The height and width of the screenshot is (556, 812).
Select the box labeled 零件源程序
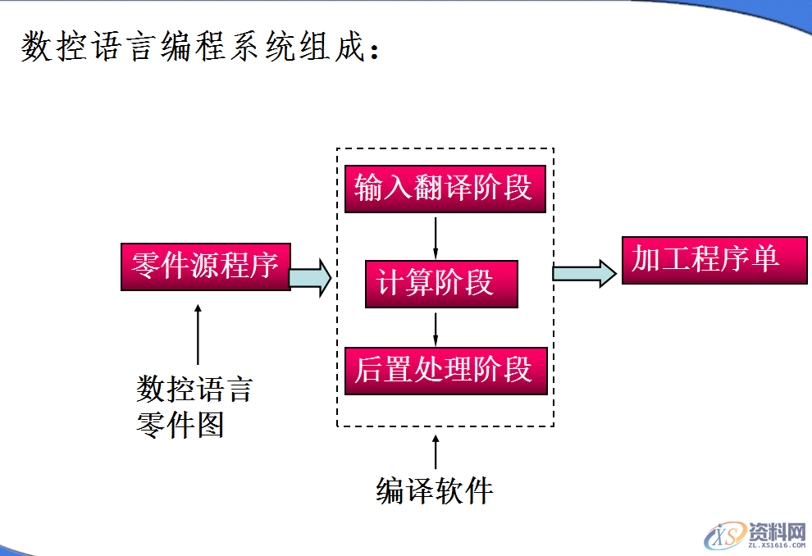pyautogui.click(x=205, y=267)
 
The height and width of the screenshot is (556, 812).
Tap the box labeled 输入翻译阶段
pyautogui.click(x=445, y=189)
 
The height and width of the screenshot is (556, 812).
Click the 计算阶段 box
pyautogui.click(x=441, y=284)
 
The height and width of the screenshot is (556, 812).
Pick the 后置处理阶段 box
pyautogui.click(x=445, y=371)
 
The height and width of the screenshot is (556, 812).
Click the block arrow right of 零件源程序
pyautogui.click(x=310, y=276)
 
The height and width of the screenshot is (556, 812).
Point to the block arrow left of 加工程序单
pyautogui.click(x=583, y=272)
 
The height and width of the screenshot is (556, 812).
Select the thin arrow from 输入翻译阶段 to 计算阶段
pyautogui.click(x=436, y=236)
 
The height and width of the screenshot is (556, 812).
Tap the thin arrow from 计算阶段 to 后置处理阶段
pyautogui.click(x=436, y=327)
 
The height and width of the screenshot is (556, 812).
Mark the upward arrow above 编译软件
pyautogui.click(x=436, y=452)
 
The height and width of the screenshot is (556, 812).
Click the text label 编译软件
pyautogui.click(x=435, y=490)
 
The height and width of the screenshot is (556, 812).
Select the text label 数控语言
pyautogui.click(x=194, y=389)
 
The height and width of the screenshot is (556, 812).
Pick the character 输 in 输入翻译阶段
pyautogui.click(x=369, y=189)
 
